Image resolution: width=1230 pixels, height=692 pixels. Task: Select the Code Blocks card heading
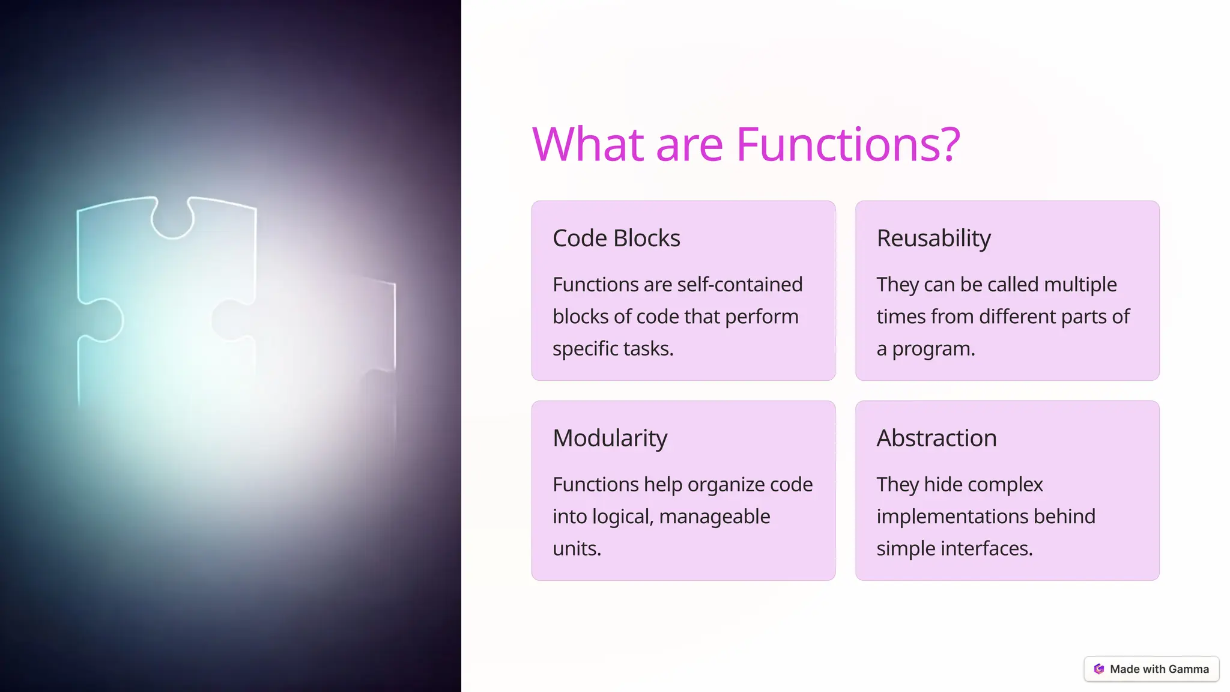pyautogui.click(x=616, y=238)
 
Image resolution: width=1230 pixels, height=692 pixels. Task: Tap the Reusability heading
pyautogui.click(x=933, y=238)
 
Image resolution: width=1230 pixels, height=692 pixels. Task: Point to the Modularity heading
pyautogui.click(x=610, y=439)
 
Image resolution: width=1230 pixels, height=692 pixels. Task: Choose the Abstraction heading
pyautogui.click(x=936, y=439)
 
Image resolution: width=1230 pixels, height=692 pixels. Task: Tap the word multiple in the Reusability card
pyautogui.click(x=1080, y=284)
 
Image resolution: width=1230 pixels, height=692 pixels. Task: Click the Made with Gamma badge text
pyautogui.click(x=1159, y=669)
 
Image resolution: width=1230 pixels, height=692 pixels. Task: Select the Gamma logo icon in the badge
pyautogui.click(x=1099, y=669)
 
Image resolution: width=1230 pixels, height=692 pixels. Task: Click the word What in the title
pyautogui.click(x=588, y=145)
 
